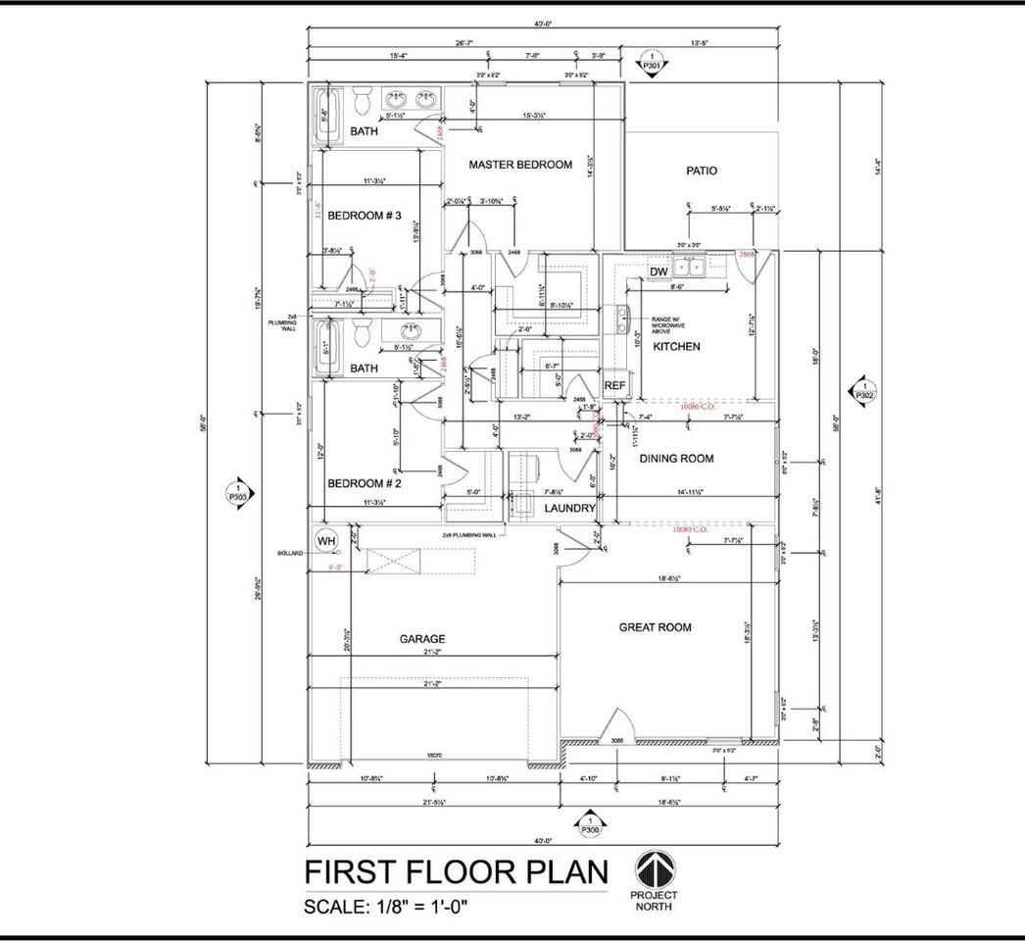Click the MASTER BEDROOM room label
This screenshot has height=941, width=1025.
[519, 165]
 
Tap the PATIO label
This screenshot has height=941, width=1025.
[701, 171]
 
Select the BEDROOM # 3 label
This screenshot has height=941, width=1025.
[365, 216]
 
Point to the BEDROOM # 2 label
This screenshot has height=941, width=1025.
[365, 484]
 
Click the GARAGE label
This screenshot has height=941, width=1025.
[422, 638]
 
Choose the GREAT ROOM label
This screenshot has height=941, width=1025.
[656, 627]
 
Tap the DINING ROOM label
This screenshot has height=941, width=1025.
[676, 459]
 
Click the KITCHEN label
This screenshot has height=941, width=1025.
[676, 347]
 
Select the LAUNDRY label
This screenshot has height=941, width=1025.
[569, 509]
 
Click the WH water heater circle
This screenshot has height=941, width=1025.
[325, 540]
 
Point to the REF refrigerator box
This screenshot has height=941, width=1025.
[614, 385]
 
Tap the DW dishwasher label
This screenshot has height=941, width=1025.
[659, 272]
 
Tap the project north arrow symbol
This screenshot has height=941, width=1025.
[655, 869]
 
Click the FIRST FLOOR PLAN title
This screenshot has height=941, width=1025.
[456, 871]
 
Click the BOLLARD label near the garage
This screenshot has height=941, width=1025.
[290, 554]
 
